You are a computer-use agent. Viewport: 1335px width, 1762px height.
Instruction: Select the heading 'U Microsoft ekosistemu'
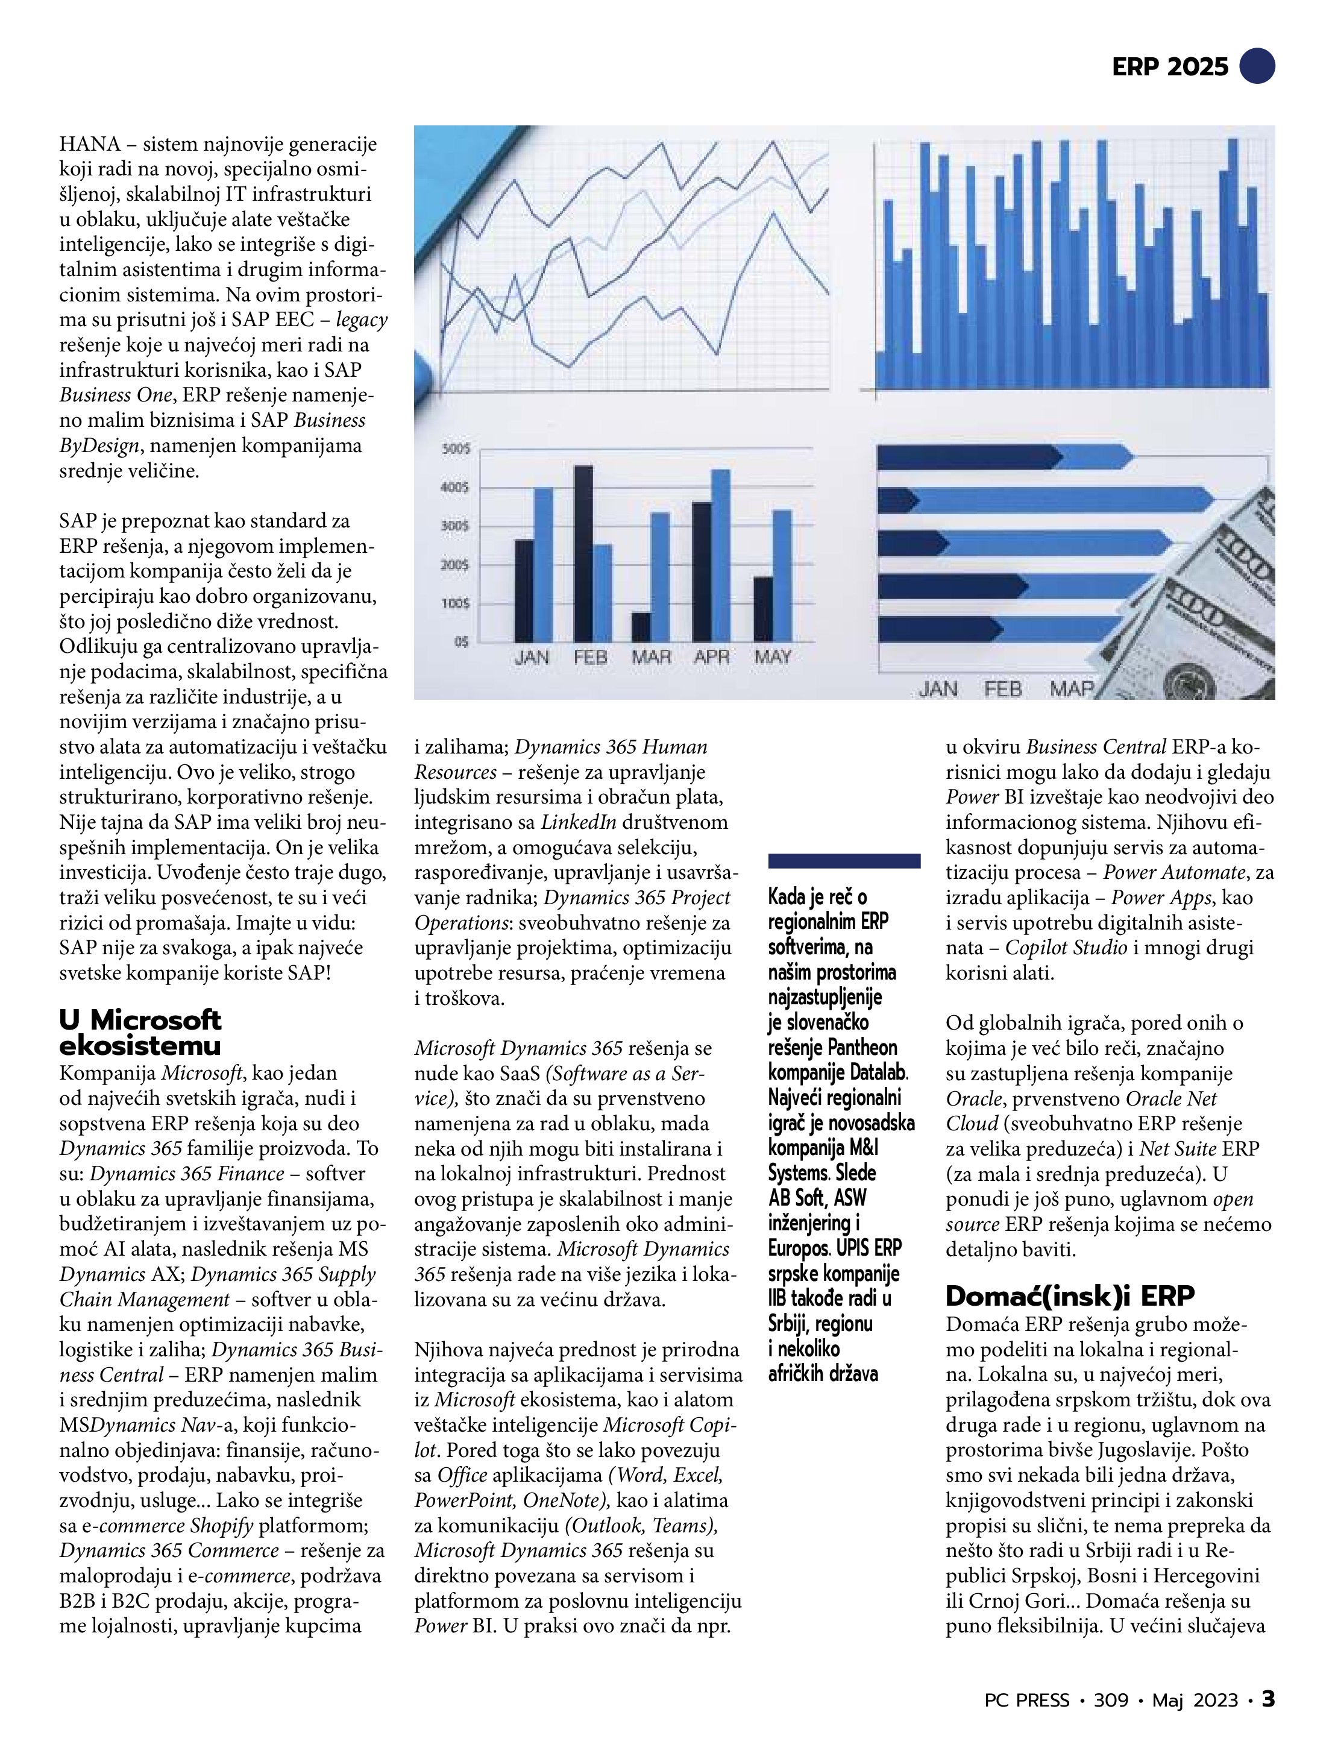[x=140, y=1033]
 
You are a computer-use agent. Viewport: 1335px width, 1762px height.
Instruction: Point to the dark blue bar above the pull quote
[x=844, y=860]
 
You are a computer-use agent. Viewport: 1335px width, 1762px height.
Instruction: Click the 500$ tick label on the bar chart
[x=456, y=449]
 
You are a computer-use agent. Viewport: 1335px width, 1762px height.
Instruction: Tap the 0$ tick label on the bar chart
[x=461, y=641]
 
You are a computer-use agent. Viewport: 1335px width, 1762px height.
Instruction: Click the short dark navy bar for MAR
[x=641, y=627]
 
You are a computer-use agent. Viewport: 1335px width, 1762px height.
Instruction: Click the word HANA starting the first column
[x=89, y=145]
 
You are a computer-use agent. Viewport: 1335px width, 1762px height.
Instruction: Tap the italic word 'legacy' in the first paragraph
[x=362, y=320]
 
